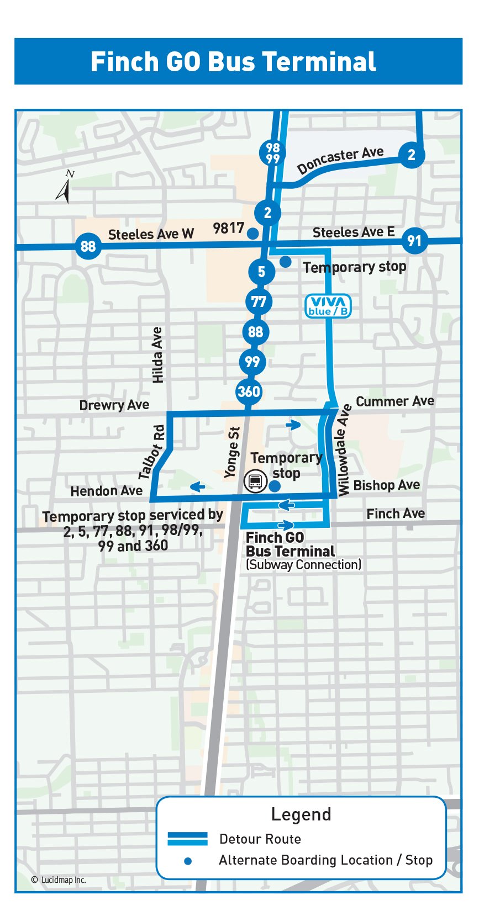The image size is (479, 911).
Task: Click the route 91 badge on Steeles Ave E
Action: coord(414,241)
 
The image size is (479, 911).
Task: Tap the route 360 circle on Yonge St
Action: coord(249,391)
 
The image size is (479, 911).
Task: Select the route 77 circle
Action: coord(259,302)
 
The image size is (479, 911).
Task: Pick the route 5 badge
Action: coord(261,272)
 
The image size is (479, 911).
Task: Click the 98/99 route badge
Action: coord(272,153)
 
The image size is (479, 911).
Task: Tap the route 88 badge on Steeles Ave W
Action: coord(88,246)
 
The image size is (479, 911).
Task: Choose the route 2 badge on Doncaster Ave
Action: coord(411,155)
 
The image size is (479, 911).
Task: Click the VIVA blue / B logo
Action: coord(328,306)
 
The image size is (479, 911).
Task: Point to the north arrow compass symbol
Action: coord(64,187)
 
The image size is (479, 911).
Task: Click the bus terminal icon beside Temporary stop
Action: coord(255,481)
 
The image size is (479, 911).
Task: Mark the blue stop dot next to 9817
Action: coord(252,234)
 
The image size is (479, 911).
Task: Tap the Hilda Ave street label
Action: coord(157,355)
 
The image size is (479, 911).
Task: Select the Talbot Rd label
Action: coord(152,452)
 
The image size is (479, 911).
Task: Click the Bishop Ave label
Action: coord(386,485)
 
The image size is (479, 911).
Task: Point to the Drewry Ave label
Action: coord(114,405)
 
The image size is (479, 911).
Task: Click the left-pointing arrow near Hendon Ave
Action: coord(197,486)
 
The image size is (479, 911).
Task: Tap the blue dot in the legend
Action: coord(188,861)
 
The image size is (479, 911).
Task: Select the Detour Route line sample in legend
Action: coord(188,839)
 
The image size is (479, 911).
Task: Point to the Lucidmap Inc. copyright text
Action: coord(59,880)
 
